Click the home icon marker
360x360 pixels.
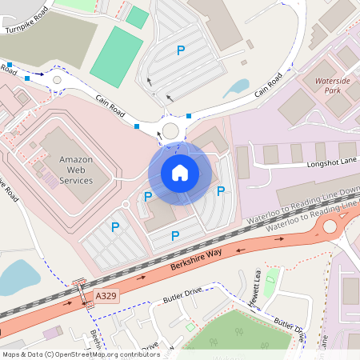click(x=180, y=173)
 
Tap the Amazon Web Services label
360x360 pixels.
click(x=76, y=170)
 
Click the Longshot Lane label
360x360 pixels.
click(x=332, y=163)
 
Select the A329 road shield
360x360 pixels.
click(x=106, y=296)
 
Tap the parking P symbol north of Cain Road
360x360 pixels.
click(x=180, y=50)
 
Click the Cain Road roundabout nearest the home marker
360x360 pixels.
click(x=170, y=131)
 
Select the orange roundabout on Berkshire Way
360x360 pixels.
click(x=329, y=227)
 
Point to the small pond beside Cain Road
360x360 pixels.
click(x=237, y=87)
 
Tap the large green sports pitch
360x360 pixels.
click(x=117, y=56)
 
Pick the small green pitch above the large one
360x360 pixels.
click(x=137, y=17)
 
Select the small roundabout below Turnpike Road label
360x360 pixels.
click(x=56, y=80)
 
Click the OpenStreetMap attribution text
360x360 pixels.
click(x=81, y=354)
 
